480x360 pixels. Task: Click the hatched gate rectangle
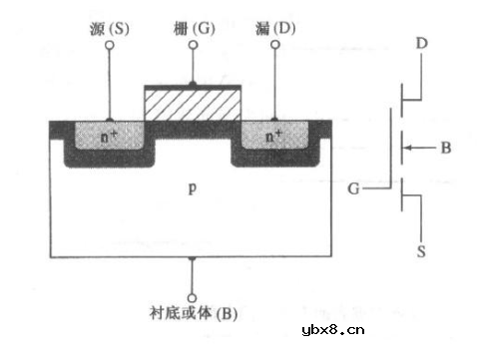click(194, 104)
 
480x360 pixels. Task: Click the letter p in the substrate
click(192, 186)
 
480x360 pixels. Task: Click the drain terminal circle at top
click(274, 60)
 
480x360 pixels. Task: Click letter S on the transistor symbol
click(421, 253)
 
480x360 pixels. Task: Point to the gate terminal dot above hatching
click(193, 84)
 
